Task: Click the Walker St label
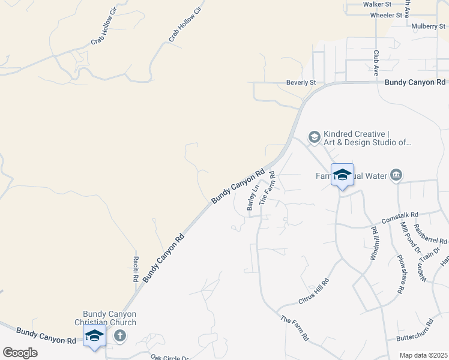coord(377,4)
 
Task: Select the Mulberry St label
coord(427,26)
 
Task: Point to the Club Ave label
coord(376,62)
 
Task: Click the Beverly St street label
coord(301,82)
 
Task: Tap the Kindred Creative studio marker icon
coord(314,137)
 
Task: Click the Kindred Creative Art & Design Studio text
coord(367,138)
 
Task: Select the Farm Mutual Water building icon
coord(396,175)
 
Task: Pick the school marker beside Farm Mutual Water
coord(342,175)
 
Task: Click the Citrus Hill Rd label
coord(314,291)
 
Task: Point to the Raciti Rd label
coord(136,269)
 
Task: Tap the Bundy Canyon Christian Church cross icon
coord(120,335)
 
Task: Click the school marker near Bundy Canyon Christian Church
coord(94,336)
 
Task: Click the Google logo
coord(20,353)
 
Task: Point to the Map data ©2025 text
coord(423,355)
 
